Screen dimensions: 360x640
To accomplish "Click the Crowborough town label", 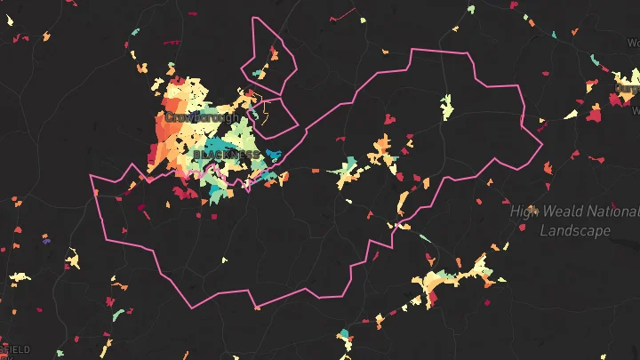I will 202,116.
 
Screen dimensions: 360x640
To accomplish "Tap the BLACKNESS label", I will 227,154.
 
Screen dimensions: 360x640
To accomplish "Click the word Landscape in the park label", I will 575,230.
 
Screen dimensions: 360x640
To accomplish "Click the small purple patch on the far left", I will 46,240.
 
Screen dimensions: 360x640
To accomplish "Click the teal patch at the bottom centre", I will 344,335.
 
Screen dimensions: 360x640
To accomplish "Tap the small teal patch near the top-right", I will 553,36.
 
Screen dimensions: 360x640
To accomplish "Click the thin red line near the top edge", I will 342,16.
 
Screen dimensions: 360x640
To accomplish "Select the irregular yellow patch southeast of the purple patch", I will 73,261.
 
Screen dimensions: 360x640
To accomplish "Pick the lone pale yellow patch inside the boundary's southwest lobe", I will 224,260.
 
